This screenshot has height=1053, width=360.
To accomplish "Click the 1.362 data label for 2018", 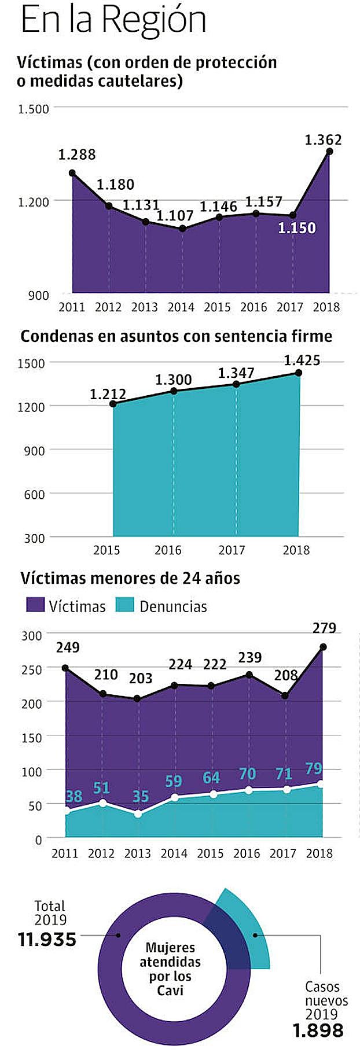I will coord(323,139).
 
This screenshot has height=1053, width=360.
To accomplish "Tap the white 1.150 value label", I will coord(297,228).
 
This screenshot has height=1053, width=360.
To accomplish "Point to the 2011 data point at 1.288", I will coord(72,172).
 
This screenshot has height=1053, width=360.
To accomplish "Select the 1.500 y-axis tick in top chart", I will coord(34,108).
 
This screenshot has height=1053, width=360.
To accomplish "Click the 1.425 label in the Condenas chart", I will coord(302,360).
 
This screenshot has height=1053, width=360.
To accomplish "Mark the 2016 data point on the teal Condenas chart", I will coord(174,391).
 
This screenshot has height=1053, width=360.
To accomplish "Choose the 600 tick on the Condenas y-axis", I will coord(34,494).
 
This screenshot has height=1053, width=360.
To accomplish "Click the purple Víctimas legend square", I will coord(35,605).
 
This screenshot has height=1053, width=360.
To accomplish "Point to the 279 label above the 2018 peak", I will coord(324,628).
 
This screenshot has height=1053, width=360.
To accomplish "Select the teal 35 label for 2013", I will coord(141,796).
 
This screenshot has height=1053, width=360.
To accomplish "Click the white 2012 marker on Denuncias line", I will coord(102,802).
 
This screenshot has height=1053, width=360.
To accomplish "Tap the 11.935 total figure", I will coord(47,939).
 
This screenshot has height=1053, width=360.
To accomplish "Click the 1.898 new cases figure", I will coord(318,1030).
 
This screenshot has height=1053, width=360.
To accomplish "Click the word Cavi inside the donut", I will coord(170,991).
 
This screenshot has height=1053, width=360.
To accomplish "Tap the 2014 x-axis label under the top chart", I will coord(181,307).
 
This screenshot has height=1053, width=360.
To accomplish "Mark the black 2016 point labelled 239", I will coord(249,675).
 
